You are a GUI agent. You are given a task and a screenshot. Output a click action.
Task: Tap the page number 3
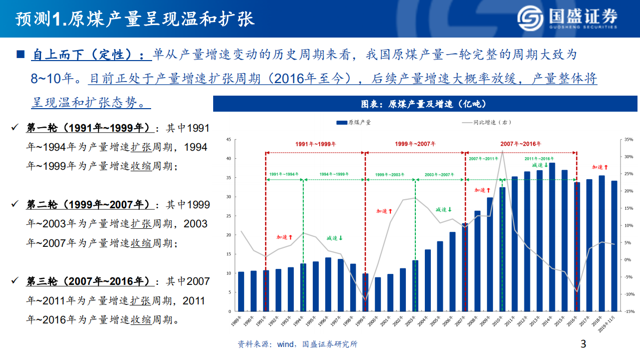(582, 345)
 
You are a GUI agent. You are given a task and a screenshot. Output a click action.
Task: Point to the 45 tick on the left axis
(228, 139)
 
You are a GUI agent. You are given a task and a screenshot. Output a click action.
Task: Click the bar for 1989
(241, 291)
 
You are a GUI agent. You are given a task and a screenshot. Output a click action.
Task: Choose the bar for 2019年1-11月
(614, 245)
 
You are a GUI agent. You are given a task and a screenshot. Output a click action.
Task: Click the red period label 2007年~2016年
(521, 144)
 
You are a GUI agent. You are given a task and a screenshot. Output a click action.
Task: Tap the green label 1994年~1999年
(334, 174)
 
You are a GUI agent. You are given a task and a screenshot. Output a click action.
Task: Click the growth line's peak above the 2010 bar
(502, 151)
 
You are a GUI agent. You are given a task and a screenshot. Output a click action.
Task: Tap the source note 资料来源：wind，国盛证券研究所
(297, 344)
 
